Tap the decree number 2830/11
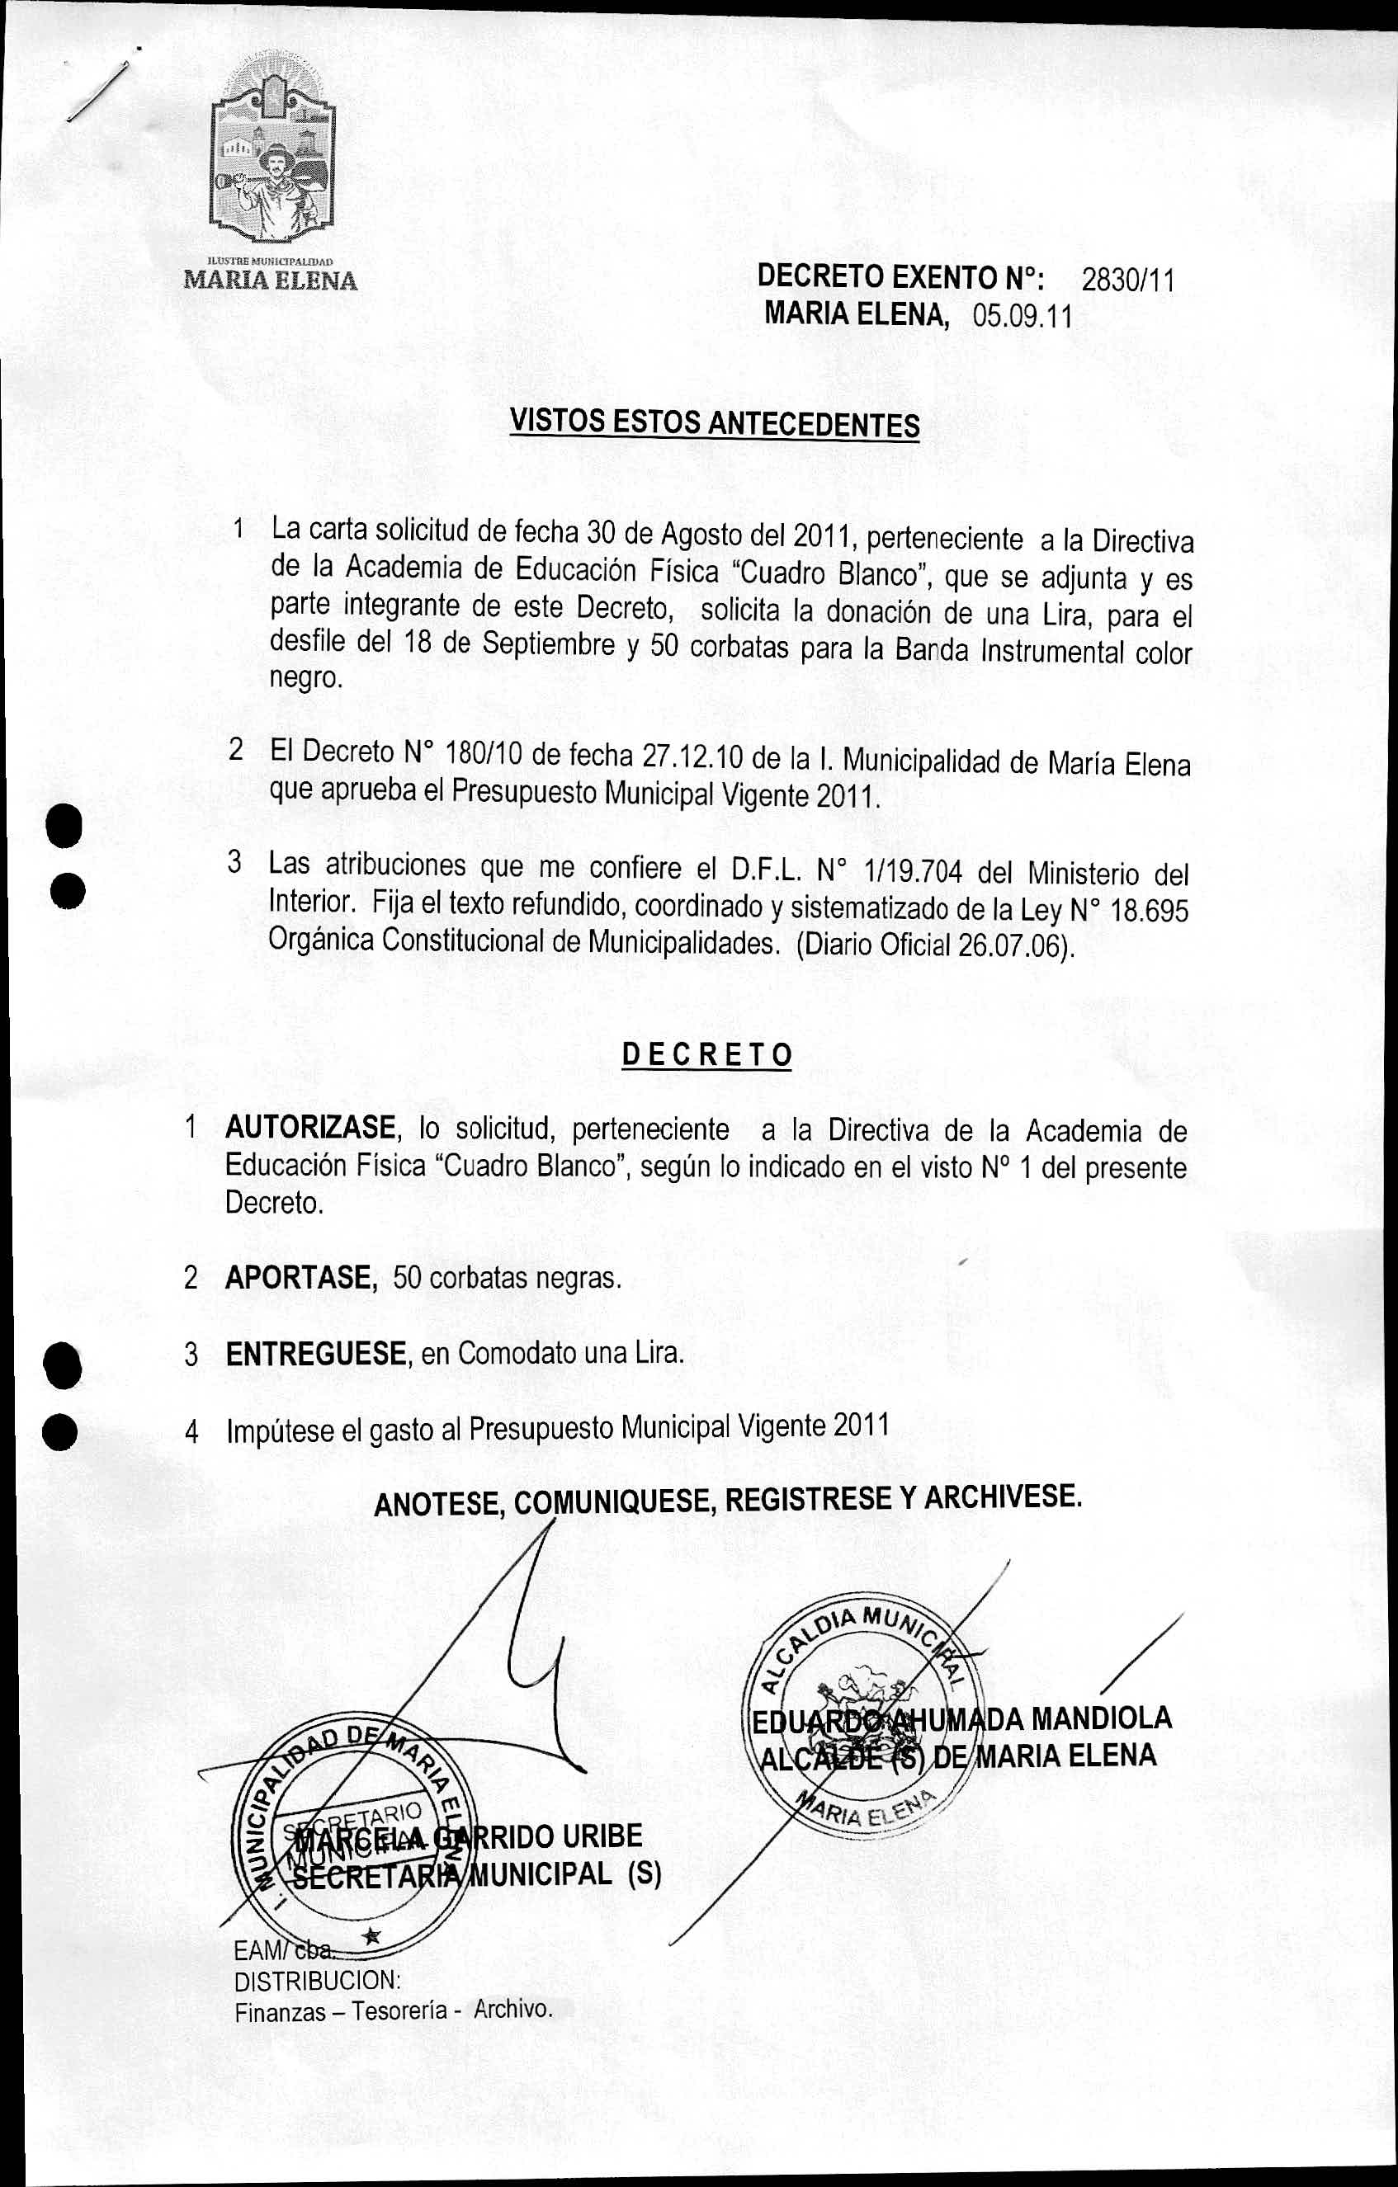tap(1128, 280)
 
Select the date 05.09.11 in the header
tap(1022, 317)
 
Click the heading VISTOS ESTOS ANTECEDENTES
tap(714, 423)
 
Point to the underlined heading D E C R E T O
tap(706, 1054)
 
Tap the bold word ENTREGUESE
tap(315, 1353)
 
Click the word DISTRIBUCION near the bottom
tap(317, 1978)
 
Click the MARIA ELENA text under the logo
tap(271, 280)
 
